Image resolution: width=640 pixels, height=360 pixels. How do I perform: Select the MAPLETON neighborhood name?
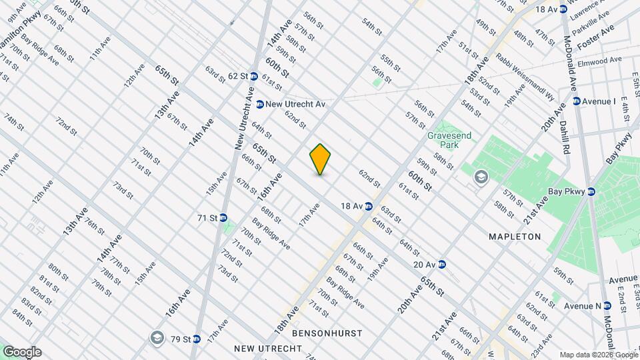pos(514,237)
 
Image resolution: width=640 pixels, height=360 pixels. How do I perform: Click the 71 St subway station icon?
pos(223,217)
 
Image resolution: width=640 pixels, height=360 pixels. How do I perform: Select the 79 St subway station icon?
pos(196,339)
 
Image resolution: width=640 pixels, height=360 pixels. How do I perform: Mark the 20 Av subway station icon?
pos(442,264)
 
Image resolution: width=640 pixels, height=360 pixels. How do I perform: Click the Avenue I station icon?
pos(577,101)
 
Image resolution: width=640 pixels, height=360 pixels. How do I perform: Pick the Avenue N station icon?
pos(607,306)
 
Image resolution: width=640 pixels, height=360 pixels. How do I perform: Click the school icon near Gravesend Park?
pos(480,177)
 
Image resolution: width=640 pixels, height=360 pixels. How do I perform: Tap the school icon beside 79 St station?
pos(157,337)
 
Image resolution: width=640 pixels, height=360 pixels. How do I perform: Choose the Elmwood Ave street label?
pos(600,61)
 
